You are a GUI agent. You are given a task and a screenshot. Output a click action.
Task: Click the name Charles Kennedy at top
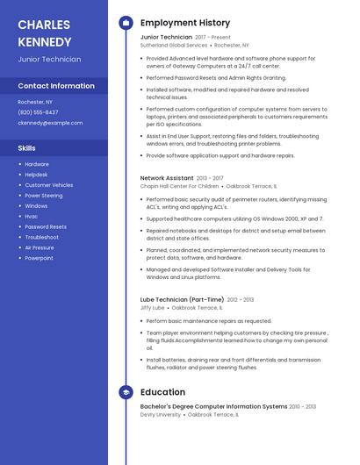45,32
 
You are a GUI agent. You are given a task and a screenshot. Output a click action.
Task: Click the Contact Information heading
56,86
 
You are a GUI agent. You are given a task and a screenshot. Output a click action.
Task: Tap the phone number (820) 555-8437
39,112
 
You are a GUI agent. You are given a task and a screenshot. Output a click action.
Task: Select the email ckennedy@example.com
51,123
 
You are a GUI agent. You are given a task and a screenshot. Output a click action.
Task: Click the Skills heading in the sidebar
26,148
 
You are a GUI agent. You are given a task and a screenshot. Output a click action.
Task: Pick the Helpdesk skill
38,175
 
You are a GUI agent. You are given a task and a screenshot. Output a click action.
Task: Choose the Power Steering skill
44,196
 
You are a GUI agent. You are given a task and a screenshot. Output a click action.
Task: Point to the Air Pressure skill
40,247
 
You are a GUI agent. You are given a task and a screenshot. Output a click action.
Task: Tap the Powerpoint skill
39,258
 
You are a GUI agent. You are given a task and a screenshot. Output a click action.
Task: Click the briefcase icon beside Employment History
126,23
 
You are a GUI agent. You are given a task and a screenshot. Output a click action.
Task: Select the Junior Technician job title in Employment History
166,37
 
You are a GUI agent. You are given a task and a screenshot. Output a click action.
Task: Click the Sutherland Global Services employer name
174,45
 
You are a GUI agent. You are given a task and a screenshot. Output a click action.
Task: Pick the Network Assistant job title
166,178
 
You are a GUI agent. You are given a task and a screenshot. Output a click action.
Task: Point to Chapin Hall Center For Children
180,186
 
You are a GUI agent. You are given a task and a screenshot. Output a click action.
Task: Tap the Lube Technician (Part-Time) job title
183,300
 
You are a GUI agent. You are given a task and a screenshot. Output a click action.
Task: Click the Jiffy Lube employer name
153,308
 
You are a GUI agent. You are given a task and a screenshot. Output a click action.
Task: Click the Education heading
162,392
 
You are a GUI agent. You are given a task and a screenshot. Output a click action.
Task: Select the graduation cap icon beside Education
126,392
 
